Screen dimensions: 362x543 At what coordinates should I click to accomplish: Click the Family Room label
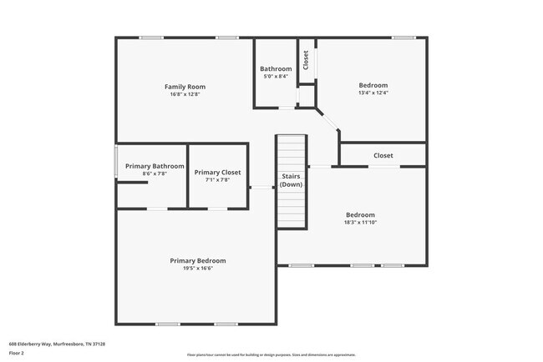pyautogui.click(x=185, y=87)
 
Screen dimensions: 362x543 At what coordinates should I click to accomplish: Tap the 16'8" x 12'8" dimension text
pyautogui.click(x=185, y=94)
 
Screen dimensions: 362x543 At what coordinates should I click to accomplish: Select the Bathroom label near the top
pyautogui.click(x=276, y=68)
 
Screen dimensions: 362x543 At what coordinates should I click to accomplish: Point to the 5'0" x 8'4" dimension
pyautogui.click(x=276, y=77)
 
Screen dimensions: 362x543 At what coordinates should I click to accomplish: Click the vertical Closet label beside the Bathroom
pyautogui.click(x=306, y=59)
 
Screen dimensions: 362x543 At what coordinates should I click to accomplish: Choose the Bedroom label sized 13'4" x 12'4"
pyautogui.click(x=373, y=85)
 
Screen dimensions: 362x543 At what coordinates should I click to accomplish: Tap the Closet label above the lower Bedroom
pyautogui.click(x=383, y=155)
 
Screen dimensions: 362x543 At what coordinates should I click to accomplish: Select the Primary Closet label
pyautogui.click(x=217, y=172)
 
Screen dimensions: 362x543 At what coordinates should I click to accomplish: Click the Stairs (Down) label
pyautogui.click(x=291, y=180)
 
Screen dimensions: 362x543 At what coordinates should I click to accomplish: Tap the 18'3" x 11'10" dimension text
pyautogui.click(x=360, y=222)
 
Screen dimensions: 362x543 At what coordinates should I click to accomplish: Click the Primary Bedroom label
pyautogui.click(x=197, y=260)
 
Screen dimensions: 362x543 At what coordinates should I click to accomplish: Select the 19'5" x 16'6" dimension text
pyautogui.click(x=197, y=269)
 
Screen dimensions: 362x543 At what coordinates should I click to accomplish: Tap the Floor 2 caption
pyautogui.click(x=18, y=353)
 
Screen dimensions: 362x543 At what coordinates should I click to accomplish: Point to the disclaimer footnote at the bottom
pyautogui.click(x=271, y=354)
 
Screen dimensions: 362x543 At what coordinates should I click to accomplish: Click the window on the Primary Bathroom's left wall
pyautogui.click(x=115, y=161)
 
